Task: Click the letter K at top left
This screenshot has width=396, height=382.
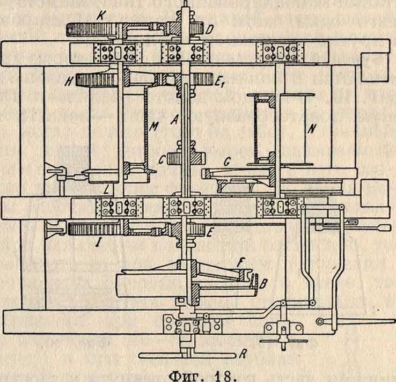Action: pos(99,16)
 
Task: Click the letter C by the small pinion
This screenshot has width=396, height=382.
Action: pos(161,160)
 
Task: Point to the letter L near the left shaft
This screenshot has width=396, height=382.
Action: pos(110,189)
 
